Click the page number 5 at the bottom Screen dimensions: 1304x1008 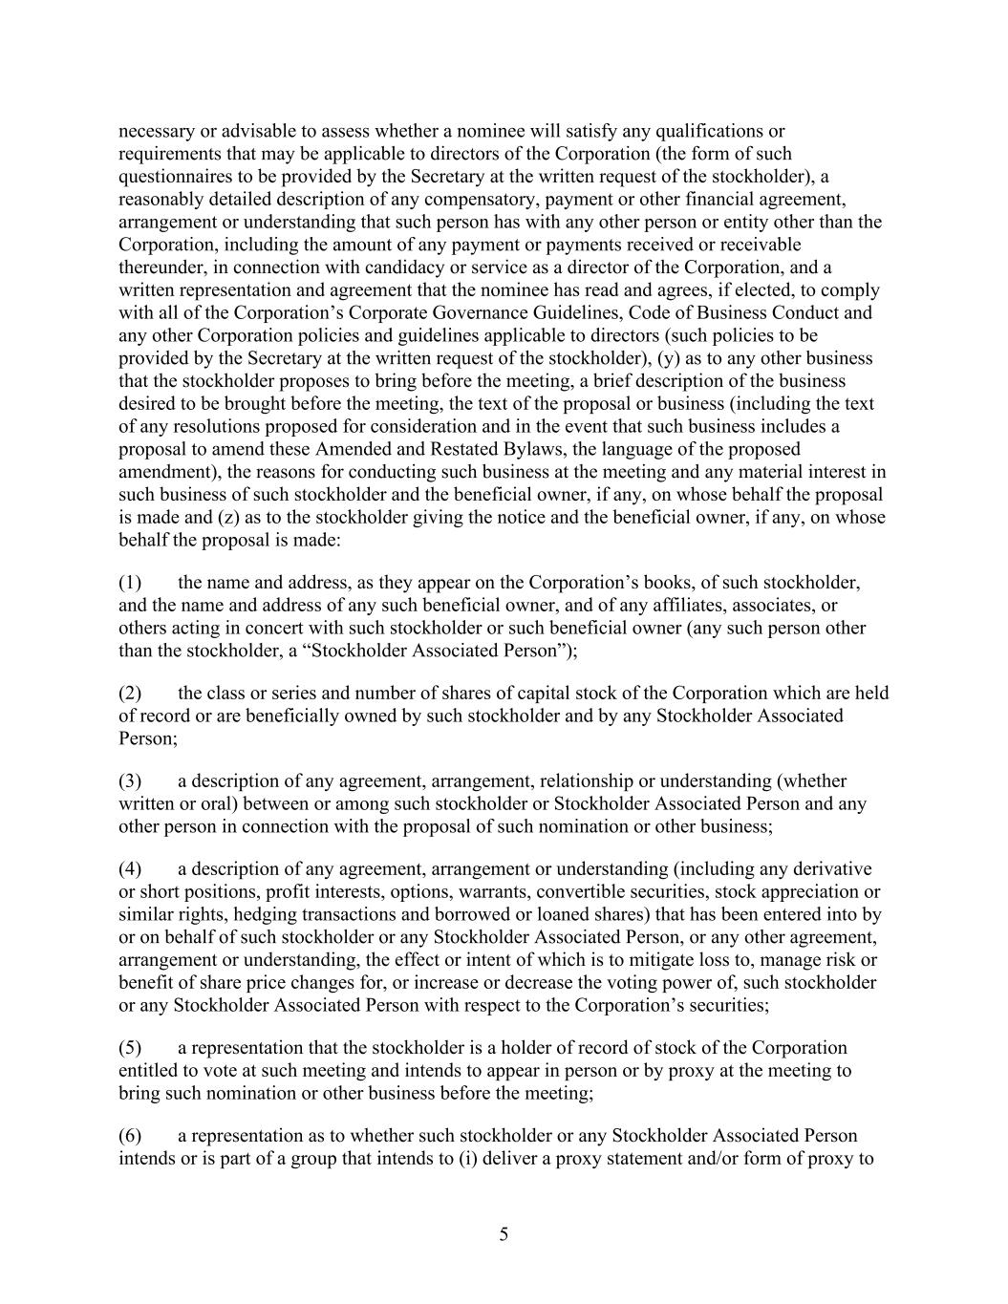pyautogui.click(x=504, y=1234)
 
